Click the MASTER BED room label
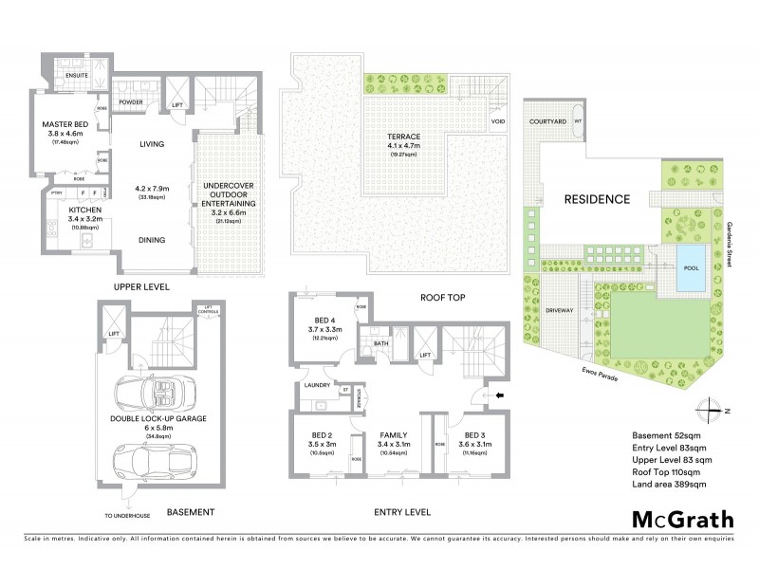coord(64,124)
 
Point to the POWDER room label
coord(131,101)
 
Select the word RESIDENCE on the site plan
coord(597,200)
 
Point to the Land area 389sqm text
coord(669,485)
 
